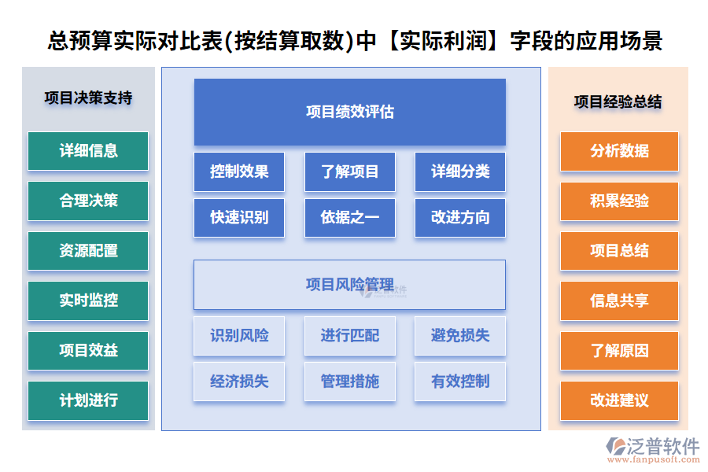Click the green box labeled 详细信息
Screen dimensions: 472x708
coord(88,151)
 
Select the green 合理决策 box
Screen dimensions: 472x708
coord(88,201)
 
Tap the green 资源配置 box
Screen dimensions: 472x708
coord(88,251)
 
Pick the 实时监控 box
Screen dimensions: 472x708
coord(88,301)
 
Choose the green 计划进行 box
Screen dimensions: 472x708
coord(88,400)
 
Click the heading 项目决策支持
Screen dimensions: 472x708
coord(88,98)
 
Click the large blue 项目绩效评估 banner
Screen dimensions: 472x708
coord(349,112)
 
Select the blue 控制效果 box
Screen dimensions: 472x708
coord(239,171)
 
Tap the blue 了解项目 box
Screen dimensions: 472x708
coord(349,171)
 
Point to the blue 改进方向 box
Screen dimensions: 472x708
coord(460,218)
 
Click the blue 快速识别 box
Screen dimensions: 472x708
coord(239,218)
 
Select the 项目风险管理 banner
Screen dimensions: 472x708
coord(349,284)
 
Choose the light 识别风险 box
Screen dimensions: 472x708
coord(239,336)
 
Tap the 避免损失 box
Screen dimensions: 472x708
coord(460,336)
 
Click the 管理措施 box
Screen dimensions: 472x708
coord(349,382)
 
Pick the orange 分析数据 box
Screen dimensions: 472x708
coord(619,151)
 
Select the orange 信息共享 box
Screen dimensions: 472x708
coord(619,301)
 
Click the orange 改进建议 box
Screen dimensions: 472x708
coord(619,400)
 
